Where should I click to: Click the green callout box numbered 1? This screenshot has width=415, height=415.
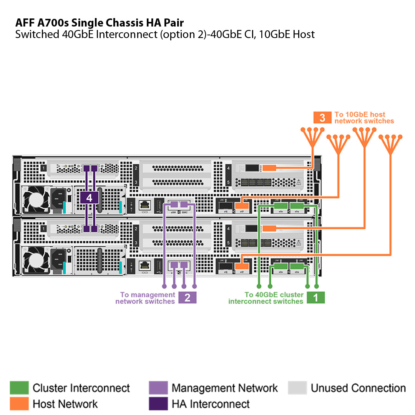[x=315, y=298]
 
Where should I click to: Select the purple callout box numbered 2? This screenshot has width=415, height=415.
[x=187, y=298]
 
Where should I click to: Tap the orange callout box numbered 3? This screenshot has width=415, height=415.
[x=322, y=118]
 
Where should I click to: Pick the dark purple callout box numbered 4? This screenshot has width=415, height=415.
[x=90, y=198]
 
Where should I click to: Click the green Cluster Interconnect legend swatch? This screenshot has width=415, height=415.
[x=19, y=388]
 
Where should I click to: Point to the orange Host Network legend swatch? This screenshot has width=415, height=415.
[x=19, y=404]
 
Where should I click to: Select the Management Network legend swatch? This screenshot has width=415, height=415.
[x=158, y=388]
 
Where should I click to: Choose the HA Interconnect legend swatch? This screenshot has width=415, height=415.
[x=158, y=404]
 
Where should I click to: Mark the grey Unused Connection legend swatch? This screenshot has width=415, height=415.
[x=297, y=388]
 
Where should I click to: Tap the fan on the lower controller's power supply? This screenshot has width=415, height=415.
[x=35, y=261]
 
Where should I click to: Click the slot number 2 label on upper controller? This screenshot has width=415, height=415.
[x=136, y=168]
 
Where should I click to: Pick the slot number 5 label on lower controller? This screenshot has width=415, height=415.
[x=228, y=243]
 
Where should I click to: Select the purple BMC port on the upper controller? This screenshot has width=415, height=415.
[x=184, y=204]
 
